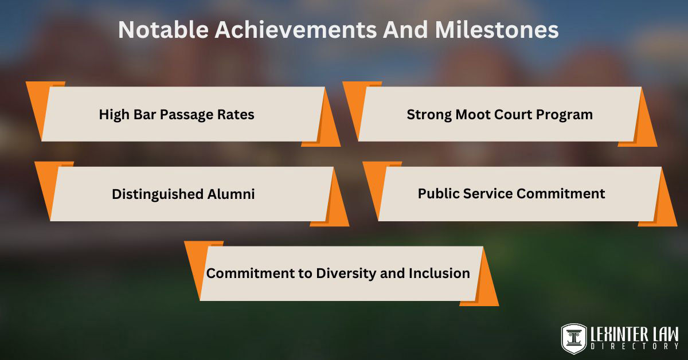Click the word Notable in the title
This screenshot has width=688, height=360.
tap(163, 30)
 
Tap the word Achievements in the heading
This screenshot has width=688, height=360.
tap(295, 30)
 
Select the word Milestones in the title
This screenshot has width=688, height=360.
tap(497, 30)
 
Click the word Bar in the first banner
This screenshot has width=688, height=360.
tap(144, 115)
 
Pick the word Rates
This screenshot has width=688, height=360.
tap(236, 115)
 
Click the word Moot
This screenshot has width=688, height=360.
tap(473, 115)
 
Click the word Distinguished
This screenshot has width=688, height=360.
tap(158, 195)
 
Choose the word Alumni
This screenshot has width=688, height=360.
tap(231, 194)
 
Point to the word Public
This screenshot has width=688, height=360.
tap(439, 194)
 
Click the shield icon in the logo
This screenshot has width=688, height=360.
tap(574, 338)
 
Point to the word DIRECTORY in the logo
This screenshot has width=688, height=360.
tap(635, 346)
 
